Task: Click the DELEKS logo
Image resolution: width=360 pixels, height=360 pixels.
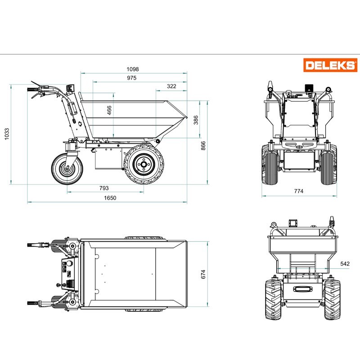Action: pos(330,65)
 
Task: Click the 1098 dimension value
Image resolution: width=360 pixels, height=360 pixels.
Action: pos(133,69)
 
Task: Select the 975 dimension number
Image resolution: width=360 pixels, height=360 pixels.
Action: pos(132,78)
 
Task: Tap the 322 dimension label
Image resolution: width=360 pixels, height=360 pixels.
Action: pos(171,86)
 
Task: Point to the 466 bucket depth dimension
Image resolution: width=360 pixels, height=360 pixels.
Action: pos(109,110)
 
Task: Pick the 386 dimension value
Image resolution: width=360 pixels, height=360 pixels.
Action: pos(196,120)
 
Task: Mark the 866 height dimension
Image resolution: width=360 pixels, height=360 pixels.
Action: pos(203,146)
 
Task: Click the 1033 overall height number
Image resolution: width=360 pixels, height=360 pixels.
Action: pos(7,134)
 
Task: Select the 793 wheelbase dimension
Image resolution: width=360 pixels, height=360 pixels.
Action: pos(104,188)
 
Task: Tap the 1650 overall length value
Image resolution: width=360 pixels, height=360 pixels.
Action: pos(110,198)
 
